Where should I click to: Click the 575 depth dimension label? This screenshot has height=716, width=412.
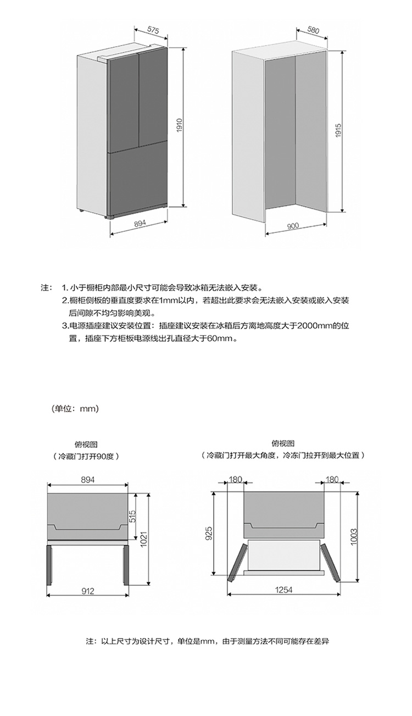click(153, 30)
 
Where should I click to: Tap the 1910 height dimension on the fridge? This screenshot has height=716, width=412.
click(179, 126)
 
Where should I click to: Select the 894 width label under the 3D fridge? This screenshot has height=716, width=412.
click(140, 224)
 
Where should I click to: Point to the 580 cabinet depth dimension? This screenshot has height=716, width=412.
click(313, 30)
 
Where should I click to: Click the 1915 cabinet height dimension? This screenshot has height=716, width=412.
click(338, 130)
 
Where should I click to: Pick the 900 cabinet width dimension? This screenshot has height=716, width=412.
click(293, 226)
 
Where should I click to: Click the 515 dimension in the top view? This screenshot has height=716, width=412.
click(132, 516)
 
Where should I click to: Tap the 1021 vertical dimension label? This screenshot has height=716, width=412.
click(143, 539)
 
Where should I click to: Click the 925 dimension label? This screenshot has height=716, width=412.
click(208, 533)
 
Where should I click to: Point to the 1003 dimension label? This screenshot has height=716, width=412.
click(354, 537)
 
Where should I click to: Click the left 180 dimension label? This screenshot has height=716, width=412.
click(235, 480)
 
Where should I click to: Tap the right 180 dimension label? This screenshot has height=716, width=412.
click(332, 480)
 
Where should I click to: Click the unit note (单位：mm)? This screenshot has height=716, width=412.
click(75, 408)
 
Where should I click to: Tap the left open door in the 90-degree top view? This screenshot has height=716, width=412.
click(49, 565)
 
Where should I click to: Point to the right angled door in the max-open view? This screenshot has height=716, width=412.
click(330, 562)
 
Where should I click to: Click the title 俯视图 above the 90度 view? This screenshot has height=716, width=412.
click(86, 445)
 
